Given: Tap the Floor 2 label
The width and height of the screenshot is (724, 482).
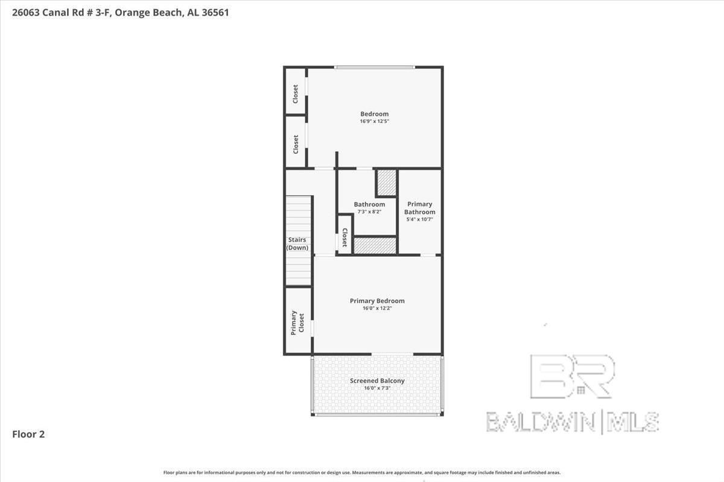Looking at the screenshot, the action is pyautogui.click(x=28, y=434).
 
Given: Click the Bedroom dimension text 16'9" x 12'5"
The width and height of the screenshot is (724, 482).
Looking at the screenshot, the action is pyautogui.click(x=375, y=121).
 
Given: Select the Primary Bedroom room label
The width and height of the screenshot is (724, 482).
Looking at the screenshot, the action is pyautogui.click(x=377, y=301).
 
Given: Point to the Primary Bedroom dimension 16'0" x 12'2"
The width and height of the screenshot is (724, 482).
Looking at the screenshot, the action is pyautogui.click(x=377, y=308).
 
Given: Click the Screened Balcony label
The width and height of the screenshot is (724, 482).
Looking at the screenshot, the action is pyautogui.click(x=377, y=381).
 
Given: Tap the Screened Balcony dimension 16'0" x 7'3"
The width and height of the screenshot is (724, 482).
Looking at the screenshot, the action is pyautogui.click(x=377, y=388).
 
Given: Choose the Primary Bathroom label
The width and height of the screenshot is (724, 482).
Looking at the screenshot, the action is pyautogui.click(x=419, y=208).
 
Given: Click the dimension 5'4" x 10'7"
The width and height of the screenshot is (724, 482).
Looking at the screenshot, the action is pyautogui.click(x=419, y=219).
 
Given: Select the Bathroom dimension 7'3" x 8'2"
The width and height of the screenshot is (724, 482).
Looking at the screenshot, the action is pyautogui.click(x=369, y=212).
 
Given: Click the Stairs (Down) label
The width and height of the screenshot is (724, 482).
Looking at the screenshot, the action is pyautogui.click(x=297, y=244).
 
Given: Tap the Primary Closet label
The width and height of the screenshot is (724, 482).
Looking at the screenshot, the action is pyautogui.click(x=297, y=323).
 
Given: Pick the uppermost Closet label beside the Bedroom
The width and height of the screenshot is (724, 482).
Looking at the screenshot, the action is pyautogui.click(x=295, y=94).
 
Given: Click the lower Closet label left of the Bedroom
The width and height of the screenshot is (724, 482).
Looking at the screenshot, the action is pyautogui.click(x=296, y=145).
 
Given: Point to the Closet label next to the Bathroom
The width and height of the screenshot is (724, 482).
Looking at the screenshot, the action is pyautogui.click(x=345, y=237).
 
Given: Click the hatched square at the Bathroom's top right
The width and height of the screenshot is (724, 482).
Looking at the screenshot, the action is pyautogui.click(x=387, y=183).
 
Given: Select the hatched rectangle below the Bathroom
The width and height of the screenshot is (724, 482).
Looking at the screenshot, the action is pyautogui.click(x=375, y=246).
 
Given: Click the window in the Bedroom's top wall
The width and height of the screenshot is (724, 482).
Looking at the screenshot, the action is pyautogui.click(x=375, y=67).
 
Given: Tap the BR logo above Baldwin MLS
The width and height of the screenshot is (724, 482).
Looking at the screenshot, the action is pyautogui.click(x=573, y=377).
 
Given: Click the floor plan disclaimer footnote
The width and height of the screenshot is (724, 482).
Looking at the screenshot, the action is pyautogui.click(x=362, y=472).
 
